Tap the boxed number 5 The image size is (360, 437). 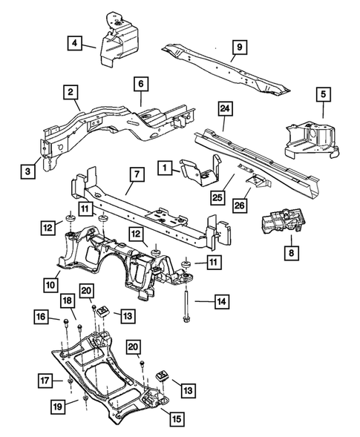click(x=323, y=94)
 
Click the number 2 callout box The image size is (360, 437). click(x=71, y=93)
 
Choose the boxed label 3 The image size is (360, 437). click(x=140, y=84)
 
